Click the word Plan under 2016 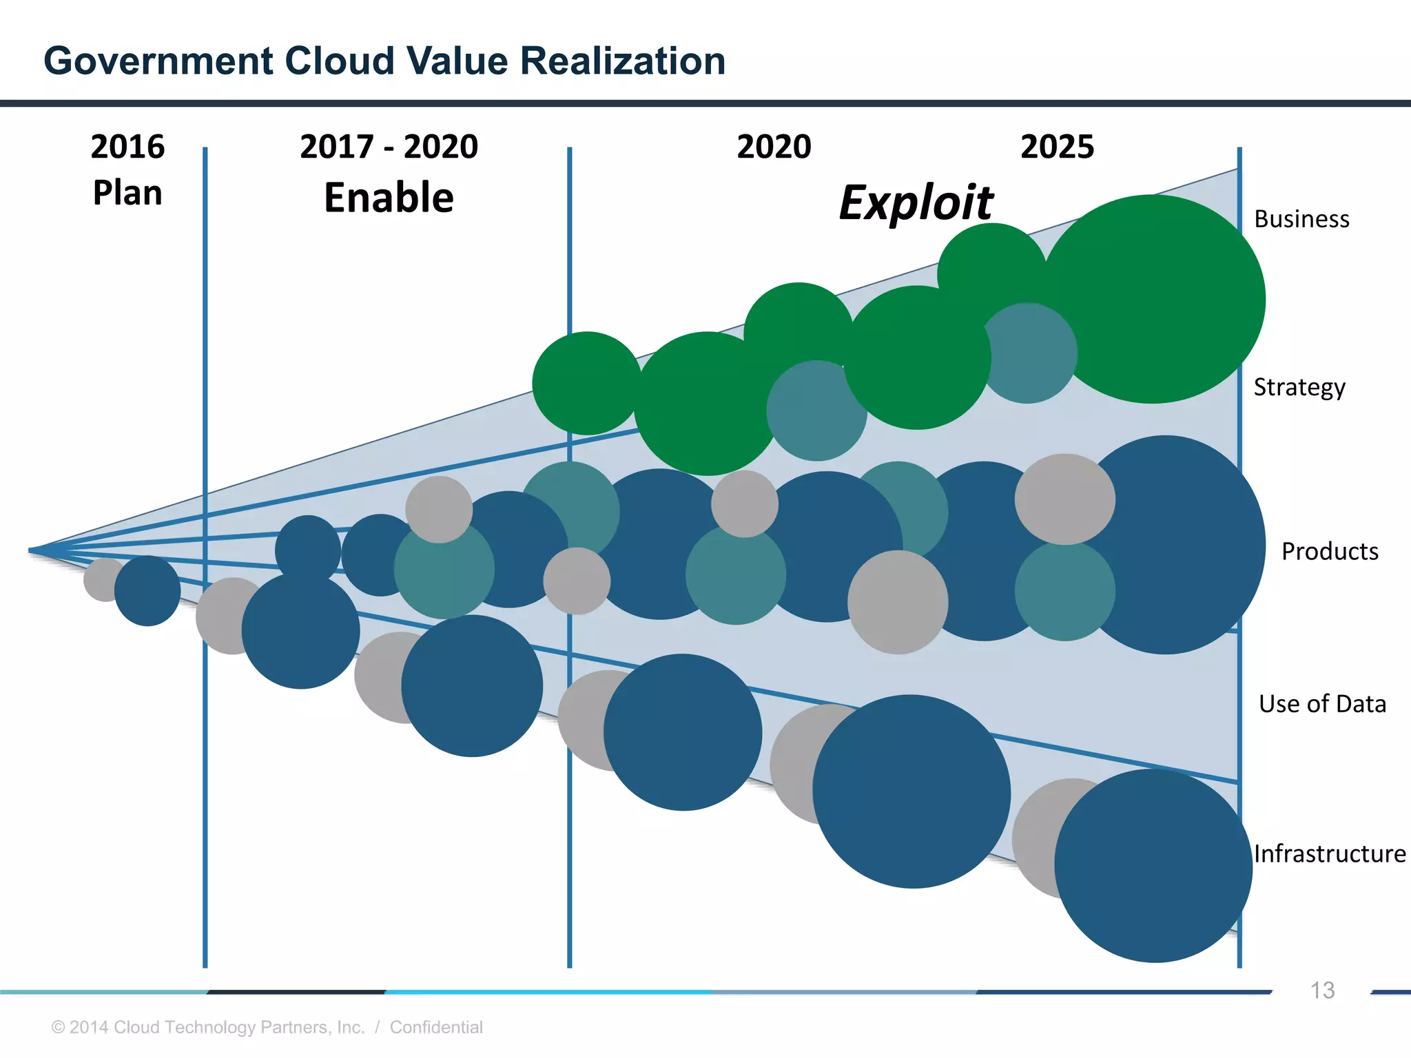[127, 193]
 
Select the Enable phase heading [389, 198]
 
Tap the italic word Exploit [916, 203]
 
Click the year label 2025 [1057, 147]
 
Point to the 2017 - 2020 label [389, 147]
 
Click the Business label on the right [1301, 219]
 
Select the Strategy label [1299, 387]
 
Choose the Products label [1330, 552]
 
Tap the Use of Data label [1322, 704]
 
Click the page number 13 [1322, 990]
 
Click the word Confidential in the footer [436, 1027]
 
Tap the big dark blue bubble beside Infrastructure [1154, 866]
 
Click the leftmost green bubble [586, 383]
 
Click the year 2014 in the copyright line [89, 1027]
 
